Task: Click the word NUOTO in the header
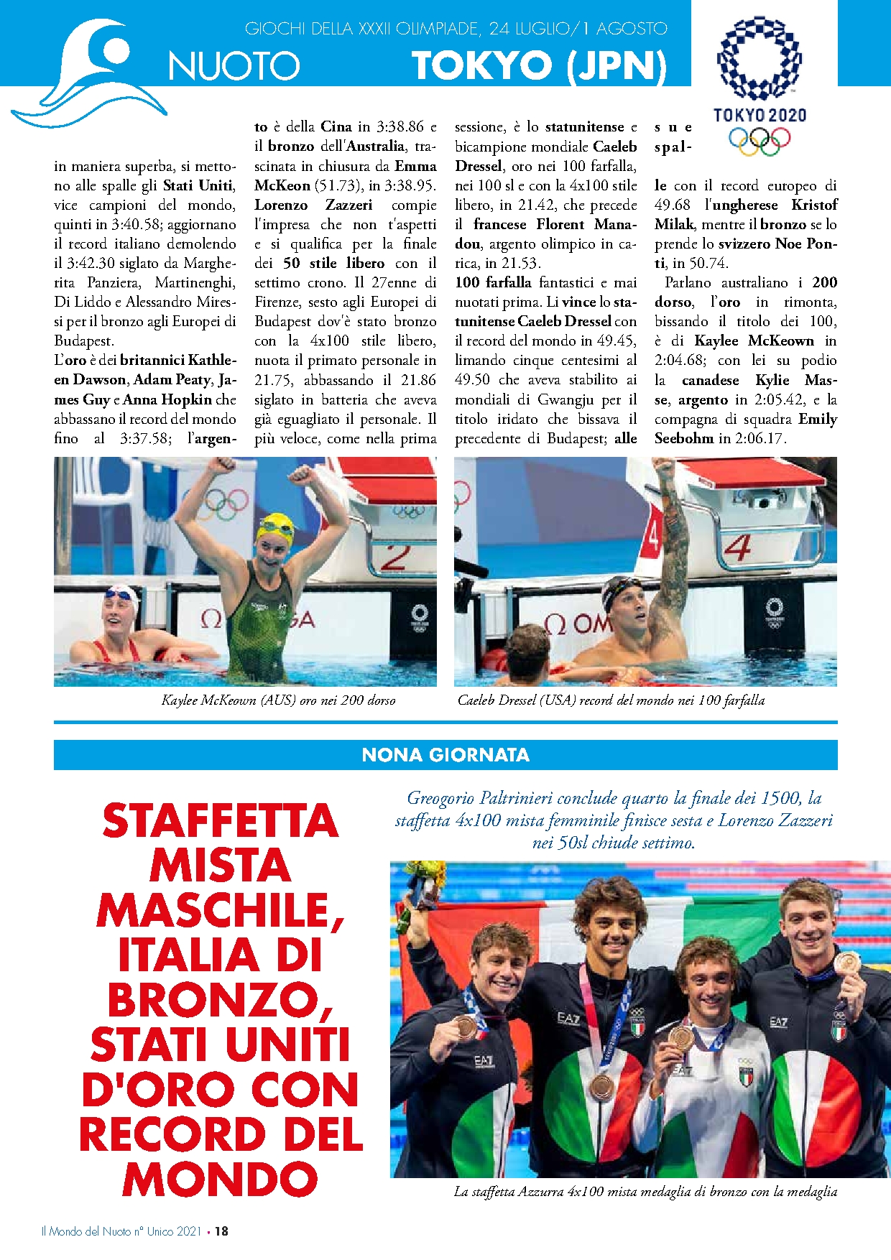(x=234, y=66)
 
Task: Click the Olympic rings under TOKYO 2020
(x=760, y=139)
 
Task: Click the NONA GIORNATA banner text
(x=445, y=755)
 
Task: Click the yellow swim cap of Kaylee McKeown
(x=276, y=528)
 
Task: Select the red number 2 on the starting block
(x=395, y=557)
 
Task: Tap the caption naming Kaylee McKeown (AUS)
(x=279, y=700)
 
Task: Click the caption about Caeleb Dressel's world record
(x=611, y=700)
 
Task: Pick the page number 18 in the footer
(x=222, y=1231)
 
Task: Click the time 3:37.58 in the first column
(x=145, y=438)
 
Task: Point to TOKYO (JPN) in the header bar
(x=539, y=66)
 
